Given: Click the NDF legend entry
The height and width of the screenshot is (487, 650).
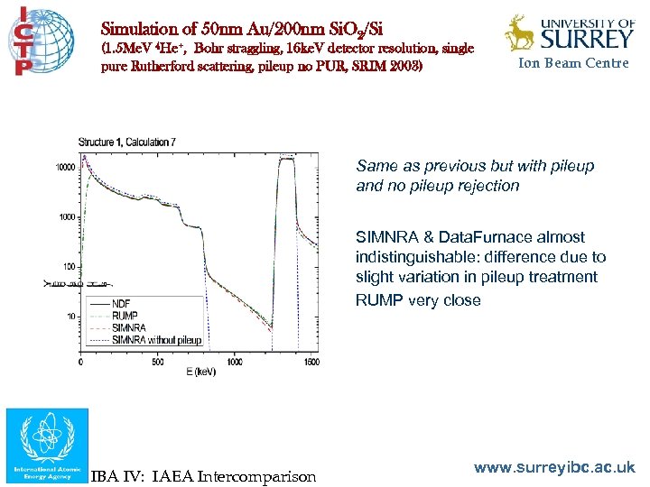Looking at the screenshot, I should pos(123,303).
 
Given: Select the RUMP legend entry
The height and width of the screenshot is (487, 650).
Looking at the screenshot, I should pos(126,316).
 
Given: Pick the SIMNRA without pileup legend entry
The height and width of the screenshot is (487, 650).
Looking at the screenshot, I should pos(150,341).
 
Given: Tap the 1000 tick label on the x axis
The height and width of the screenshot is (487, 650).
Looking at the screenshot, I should pos(235,362).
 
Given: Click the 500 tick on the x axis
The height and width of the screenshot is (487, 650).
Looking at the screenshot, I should pos(158,362).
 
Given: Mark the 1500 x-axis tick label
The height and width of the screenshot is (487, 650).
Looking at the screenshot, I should pos(310,362).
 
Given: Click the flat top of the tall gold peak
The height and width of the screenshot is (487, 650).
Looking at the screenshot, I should pos(287,159).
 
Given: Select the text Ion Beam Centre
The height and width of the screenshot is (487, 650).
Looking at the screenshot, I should pos(573,63).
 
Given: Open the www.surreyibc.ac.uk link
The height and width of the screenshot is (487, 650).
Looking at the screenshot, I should pos(555,467).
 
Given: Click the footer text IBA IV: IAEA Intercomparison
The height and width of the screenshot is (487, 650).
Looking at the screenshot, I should pos(203,476).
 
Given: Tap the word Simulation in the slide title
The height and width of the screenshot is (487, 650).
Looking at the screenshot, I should pos(137,30).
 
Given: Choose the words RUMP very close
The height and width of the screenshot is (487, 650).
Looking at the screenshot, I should pos(418,300).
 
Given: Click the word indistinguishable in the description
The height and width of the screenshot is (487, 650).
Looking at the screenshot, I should pos(416,257).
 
